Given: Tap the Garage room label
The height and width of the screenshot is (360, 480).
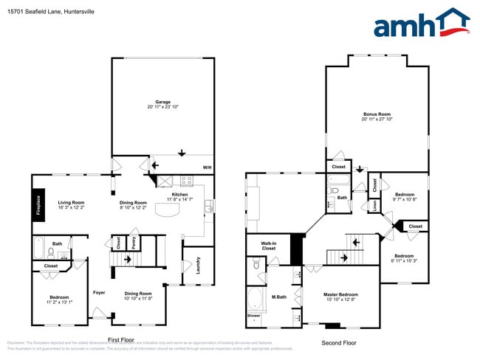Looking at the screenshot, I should tap(162, 102).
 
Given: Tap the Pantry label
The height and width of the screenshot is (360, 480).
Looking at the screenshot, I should tap(132, 244).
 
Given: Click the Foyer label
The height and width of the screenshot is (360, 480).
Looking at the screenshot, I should tap(99, 292).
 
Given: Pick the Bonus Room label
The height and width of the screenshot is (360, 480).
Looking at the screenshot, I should tap(377, 114).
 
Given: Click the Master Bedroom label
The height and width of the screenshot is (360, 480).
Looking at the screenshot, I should tap(340, 294).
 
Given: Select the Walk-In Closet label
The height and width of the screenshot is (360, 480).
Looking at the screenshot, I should tap(268, 246).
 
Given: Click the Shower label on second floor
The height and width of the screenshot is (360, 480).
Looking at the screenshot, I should tap(253, 316).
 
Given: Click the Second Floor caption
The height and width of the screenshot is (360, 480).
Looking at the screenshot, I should tap(339, 343).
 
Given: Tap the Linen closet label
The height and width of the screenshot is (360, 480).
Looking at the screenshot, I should tap(374, 207).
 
